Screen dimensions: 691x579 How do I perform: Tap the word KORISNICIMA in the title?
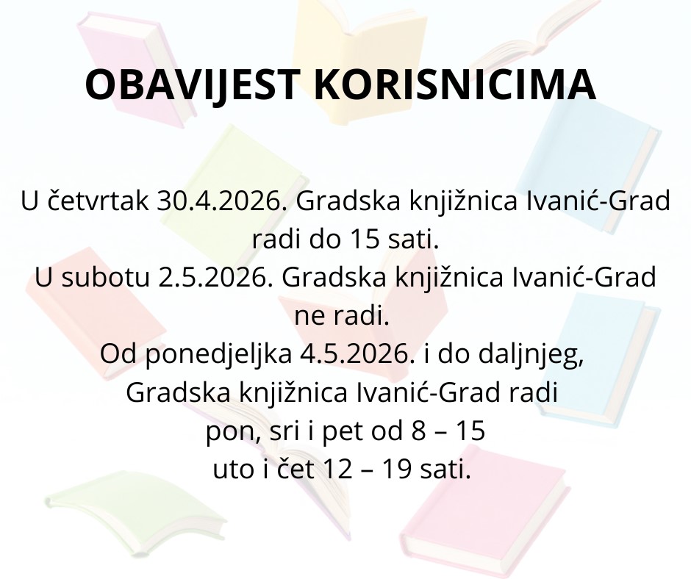(x=455, y=84)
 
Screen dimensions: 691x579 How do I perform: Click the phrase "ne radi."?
(x=342, y=316)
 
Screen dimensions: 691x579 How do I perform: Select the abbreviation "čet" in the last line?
(x=296, y=469)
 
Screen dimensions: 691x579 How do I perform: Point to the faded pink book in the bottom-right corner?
(x=484, y=511)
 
